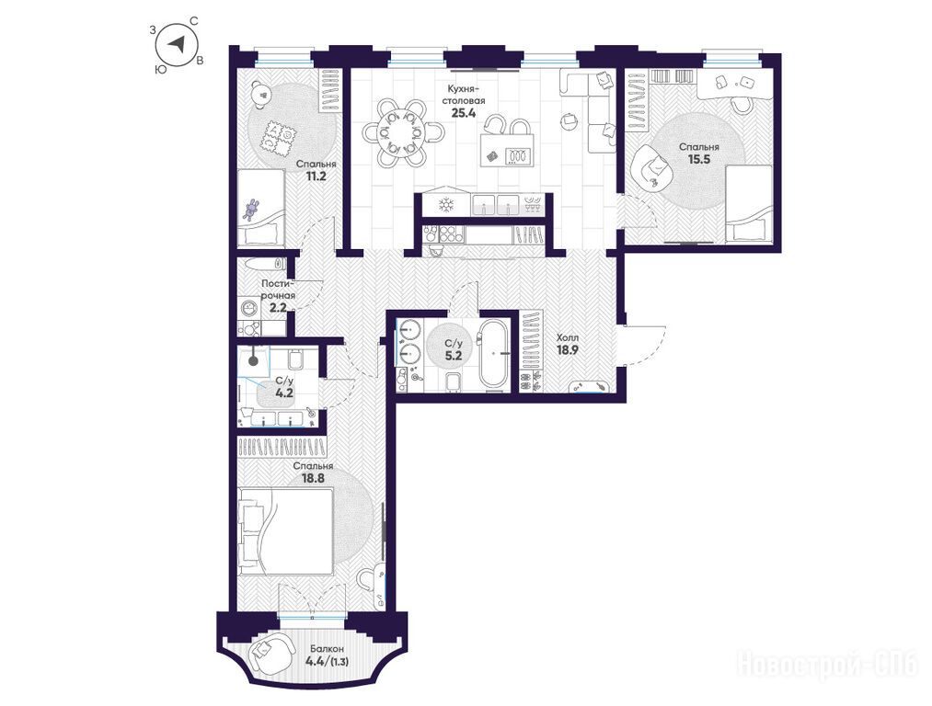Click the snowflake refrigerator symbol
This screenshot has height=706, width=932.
(x=445, y=205)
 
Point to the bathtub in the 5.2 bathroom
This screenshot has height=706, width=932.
(x=493, y=354)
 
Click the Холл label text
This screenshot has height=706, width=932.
(x=567, y=337)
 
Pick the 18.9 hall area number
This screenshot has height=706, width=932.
(x=568, y=349)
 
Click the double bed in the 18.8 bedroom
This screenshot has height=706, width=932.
(x=285, y=530)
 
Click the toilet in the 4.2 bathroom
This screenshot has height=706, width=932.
(x=296, y=359)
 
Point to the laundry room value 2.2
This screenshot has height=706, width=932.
(x=278, y=307)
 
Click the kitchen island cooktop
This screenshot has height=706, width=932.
(x=517, y=155)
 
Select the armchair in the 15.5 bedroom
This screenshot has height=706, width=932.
(x=651, y=168)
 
